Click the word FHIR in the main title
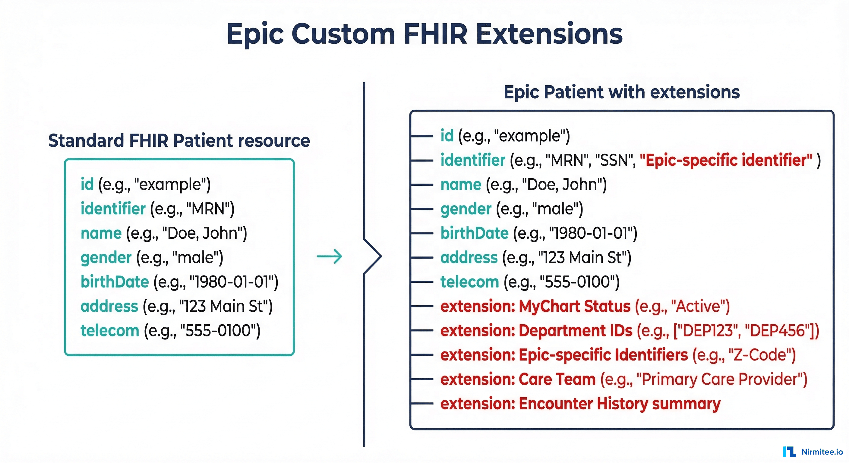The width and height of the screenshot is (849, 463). click(435, 34)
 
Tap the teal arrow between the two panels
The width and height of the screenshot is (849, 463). click(329, 257)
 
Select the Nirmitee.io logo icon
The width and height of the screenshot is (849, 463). click(789, 452)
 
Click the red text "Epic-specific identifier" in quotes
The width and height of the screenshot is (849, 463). click(726, 160)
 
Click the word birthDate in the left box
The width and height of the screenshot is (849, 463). click(115, 282)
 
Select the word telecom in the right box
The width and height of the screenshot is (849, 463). click(470, 282)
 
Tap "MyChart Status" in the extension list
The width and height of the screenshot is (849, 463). click(574, 307)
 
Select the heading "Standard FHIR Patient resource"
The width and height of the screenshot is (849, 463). click(179, 141)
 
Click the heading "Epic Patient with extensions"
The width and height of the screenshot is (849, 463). click(622, 92)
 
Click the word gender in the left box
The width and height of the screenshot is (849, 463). click(106, 258)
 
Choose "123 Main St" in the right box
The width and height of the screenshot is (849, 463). click(582, 258)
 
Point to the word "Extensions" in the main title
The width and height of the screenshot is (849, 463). click(549, 34)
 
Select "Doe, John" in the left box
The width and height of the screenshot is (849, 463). click(202, 233)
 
